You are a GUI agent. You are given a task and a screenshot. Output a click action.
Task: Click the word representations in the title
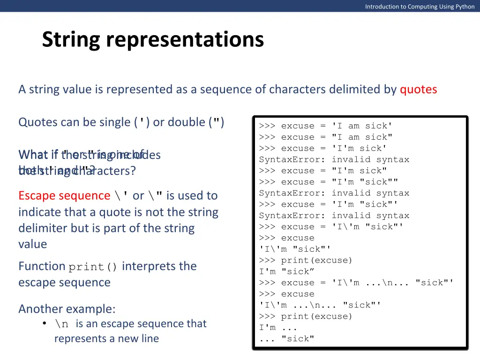(185, 40)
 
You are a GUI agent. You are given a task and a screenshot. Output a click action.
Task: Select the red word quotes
(418, 90)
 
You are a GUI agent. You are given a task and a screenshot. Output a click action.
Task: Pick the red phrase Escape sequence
(64, 195)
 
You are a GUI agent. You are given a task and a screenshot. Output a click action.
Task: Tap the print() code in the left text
(93, 267)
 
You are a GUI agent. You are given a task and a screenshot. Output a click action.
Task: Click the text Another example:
(67, 309)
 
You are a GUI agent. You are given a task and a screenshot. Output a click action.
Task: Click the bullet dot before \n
(44, 323)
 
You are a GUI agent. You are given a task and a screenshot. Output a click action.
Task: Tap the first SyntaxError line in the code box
(334, 159)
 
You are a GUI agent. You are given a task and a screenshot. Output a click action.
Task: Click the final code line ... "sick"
(286, 338)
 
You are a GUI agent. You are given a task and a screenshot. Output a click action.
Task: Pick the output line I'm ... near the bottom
(278, 327)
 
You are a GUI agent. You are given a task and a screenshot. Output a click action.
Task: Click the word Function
(42, 266)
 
